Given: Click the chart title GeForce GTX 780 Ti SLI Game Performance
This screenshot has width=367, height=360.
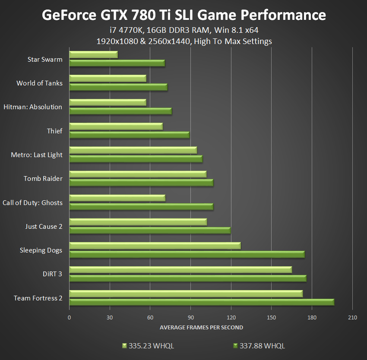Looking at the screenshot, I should coord(183,16).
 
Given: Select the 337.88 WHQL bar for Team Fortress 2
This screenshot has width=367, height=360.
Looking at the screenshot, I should coord(202,302).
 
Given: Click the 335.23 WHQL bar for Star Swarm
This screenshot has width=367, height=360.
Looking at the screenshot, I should coord(93,55).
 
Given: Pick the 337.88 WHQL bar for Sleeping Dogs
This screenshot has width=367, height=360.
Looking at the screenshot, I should coord(187,254).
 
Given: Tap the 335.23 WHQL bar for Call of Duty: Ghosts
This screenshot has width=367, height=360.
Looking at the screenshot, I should coord(117,198).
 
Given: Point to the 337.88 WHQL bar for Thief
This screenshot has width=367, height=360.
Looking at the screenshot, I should coord(129,135).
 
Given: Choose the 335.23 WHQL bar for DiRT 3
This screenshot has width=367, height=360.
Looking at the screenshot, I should coord(180,270).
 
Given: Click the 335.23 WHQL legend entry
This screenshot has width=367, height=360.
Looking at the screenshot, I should coord(148,346).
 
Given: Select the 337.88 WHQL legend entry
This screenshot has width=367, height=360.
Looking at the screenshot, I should coord(259,346).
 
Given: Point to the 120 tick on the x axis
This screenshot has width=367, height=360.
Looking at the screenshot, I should coord(231,318).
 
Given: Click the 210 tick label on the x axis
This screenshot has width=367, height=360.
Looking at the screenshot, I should coord(352,318).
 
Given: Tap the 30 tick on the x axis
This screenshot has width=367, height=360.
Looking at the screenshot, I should coord(110,318).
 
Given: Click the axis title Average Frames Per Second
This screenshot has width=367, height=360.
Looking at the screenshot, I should coord(201,328).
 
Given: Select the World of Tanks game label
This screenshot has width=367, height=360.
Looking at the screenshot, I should coord(39,83).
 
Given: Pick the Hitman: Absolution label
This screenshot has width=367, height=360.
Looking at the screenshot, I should coord(33,107).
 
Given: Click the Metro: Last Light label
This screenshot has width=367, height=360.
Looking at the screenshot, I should coord(37,155).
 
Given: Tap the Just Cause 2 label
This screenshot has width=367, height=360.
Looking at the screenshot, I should coord(44,227).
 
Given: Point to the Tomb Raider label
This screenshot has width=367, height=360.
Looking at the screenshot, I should coord(43,179).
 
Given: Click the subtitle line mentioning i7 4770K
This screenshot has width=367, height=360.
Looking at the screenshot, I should coord(183,30).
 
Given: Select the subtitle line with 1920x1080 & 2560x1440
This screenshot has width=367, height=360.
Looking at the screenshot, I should coord(183,41).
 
